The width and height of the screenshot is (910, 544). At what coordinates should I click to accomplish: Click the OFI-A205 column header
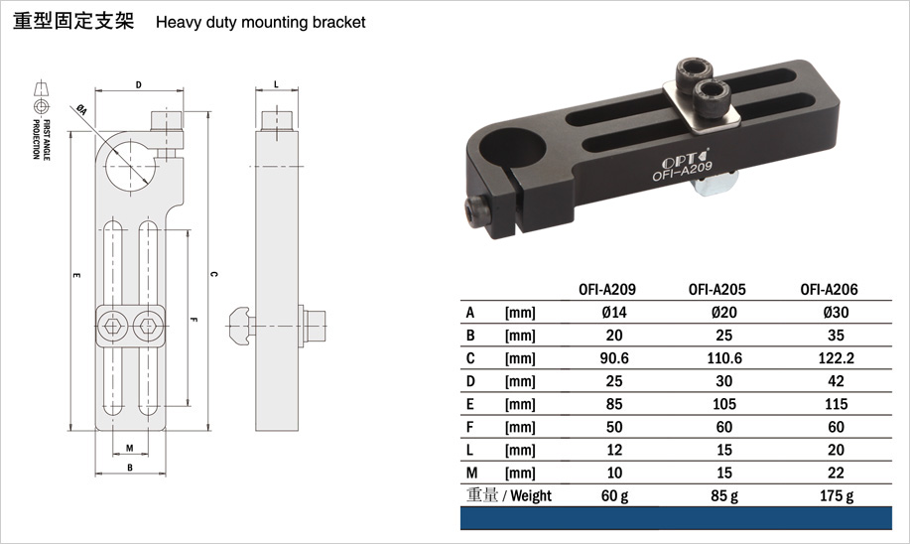[x=716, y=289]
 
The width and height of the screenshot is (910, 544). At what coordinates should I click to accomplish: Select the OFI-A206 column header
[x=829, y=289]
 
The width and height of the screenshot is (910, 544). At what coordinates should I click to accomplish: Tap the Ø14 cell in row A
[x=614, y=313]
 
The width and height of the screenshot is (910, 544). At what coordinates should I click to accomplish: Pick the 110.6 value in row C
[x=724, y=358]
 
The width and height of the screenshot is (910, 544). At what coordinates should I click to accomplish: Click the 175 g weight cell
[x=837, y=495]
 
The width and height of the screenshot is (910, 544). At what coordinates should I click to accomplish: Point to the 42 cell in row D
[x=836, y=381]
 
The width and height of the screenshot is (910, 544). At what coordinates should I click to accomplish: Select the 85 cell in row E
[x=614, y=404]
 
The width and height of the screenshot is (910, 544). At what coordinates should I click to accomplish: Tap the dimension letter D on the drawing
[x=139, y=85]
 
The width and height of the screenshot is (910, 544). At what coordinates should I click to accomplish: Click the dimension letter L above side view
[x=276, y=84]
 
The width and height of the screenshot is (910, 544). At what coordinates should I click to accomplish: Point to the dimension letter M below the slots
[x=129, y=449]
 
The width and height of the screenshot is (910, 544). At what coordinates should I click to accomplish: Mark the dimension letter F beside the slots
[x=194, y=319]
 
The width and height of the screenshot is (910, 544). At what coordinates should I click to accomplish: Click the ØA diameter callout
[x=81, y=110]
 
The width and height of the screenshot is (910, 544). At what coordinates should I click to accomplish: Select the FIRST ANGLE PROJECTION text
[x=42, y=139]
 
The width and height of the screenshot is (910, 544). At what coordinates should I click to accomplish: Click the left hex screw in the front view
[x=111, y=327]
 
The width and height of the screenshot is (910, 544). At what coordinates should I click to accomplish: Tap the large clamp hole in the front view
[x=131, y=166]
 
